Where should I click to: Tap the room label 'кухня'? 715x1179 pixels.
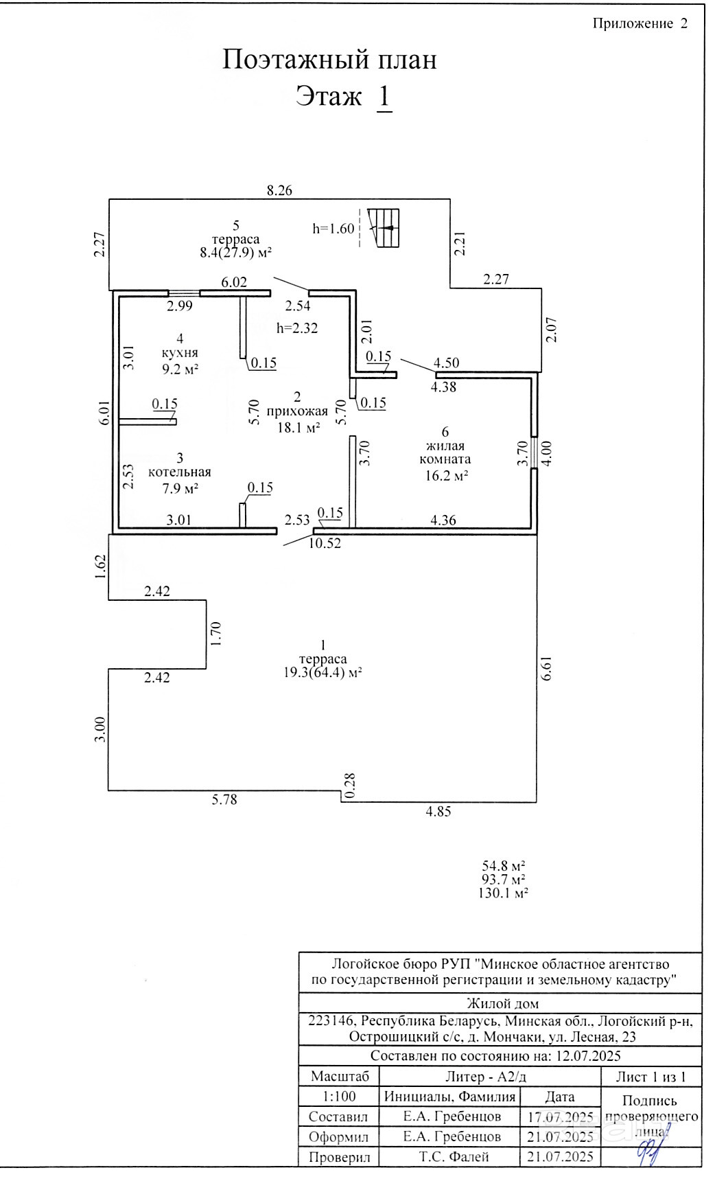pos(180,353)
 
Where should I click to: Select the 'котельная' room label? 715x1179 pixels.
pos(180,472)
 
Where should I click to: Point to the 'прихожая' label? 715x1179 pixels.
pos(297,412)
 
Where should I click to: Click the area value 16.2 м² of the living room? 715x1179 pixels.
pos(447,475)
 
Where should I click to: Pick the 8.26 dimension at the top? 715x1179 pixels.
pos(279,191)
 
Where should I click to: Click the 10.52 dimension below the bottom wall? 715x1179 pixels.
pos(325,543)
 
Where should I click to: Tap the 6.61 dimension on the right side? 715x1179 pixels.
pos(546,667)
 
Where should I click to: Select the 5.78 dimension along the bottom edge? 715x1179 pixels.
pos(224,799)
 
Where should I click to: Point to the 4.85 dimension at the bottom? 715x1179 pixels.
pos(438,811)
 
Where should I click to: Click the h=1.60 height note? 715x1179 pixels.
pos(333,229)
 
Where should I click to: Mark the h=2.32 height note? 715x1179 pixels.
pos(297,328)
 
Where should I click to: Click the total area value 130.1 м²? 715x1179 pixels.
pos(503,893)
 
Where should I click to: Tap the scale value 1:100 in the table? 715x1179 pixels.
pos(339,1097)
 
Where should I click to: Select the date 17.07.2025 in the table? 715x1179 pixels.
pos(560,1117)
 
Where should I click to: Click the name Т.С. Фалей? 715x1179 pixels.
pos(454,1157)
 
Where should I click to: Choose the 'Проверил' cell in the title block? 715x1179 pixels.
pos(339,1157)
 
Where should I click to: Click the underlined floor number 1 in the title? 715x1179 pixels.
pos(384,97)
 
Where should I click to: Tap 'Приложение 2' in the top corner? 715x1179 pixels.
pos(640,24)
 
